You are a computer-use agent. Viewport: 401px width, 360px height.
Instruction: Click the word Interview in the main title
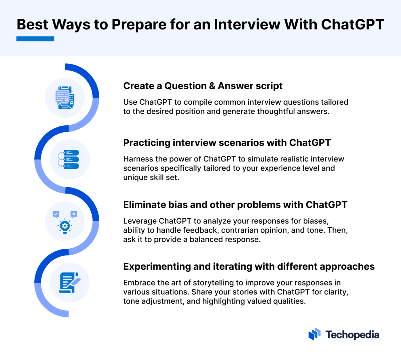click(x=247, y=24)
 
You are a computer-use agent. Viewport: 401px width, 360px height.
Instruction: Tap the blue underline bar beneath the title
click(x=35, y=39)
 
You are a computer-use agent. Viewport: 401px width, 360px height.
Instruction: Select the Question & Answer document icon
click(x=65, y=98)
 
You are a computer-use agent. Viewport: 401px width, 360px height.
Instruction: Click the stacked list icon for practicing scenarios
click(x=70, y=159)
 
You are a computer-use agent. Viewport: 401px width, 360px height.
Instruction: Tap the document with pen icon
click(x=70, y=283)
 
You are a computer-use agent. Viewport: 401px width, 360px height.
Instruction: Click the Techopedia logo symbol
click(x=314, y=334)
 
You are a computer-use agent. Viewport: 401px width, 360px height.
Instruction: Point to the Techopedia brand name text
click(x=352, y=335)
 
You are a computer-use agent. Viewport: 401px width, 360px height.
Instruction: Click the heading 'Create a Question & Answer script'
click(x=203, y=86)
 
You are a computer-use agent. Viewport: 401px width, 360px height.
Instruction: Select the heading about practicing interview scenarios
click(x=227, y=143)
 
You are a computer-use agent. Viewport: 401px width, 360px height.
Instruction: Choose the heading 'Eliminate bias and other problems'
click(x=235, y=205)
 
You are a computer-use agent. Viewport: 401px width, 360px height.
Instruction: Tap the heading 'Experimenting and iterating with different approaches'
click(x=249, y=266)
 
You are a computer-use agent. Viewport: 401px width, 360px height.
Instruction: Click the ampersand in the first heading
click(x=212, y=86)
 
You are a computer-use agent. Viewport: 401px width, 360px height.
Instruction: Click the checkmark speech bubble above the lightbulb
click(x=56, y=214)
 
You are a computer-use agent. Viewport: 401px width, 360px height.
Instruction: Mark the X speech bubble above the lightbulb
click(x=74, y=214)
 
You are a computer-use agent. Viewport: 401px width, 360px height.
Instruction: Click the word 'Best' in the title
click(x=32, y=24)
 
